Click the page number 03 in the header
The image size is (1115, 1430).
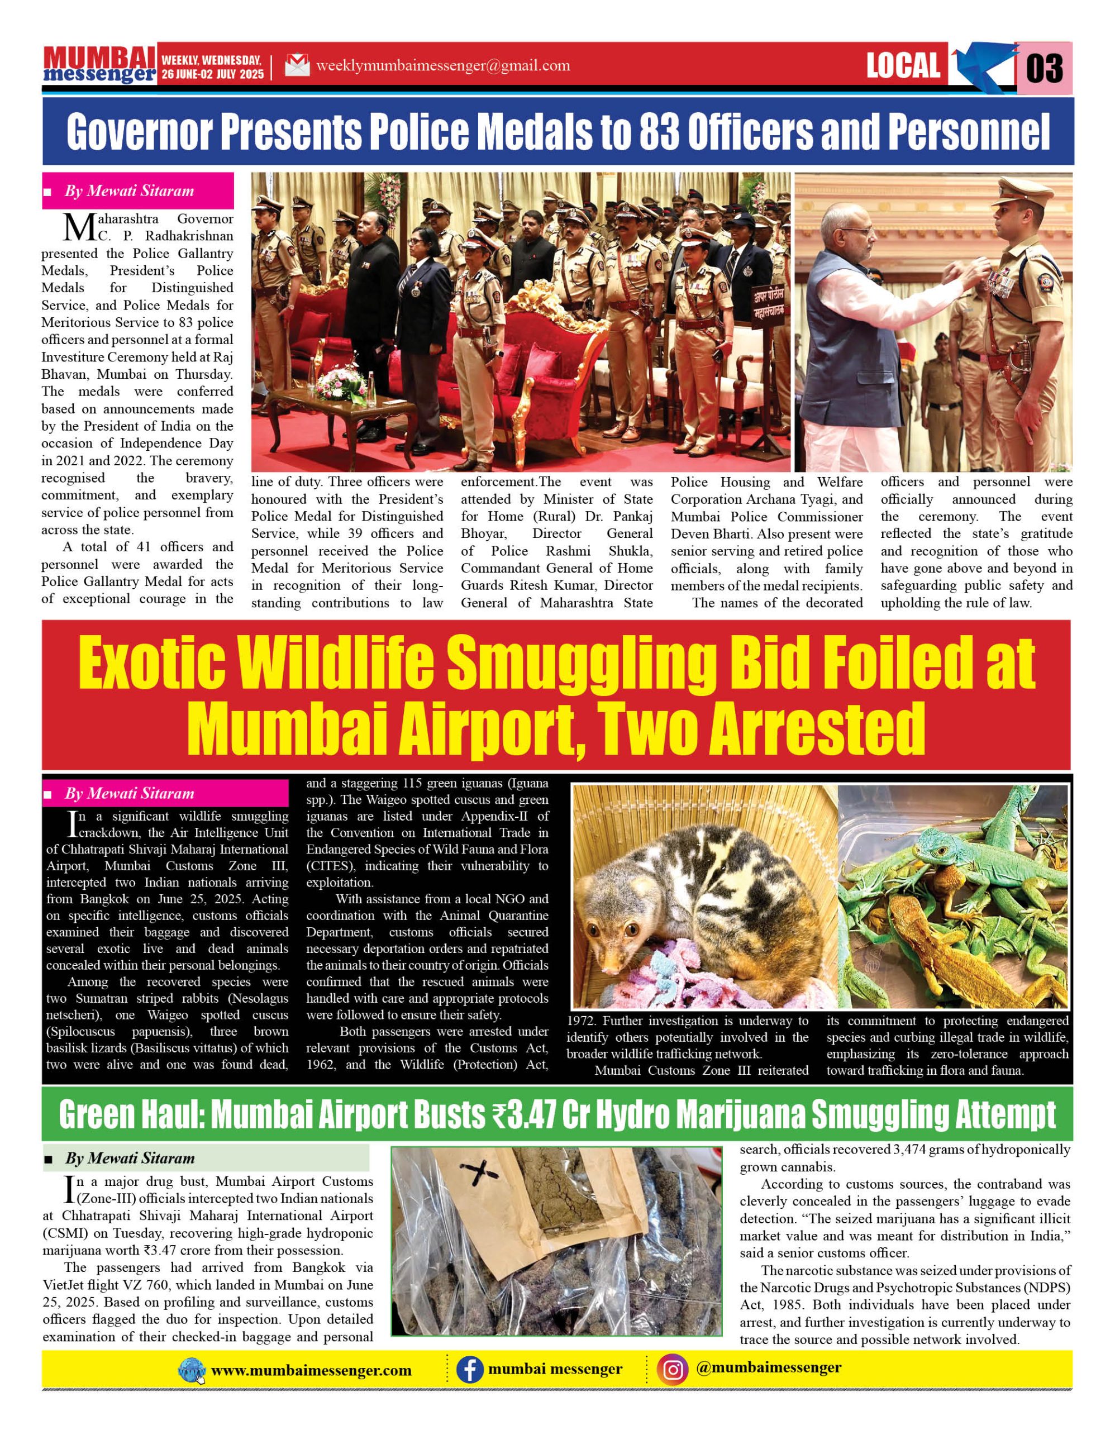(x=1044, y=68)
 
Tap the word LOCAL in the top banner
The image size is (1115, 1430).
(x=903, y=65)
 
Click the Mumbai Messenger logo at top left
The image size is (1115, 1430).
(x=99, y=64)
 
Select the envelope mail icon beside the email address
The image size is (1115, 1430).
(x=297, y=65)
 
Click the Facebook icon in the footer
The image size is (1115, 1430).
(x=469, y=1369)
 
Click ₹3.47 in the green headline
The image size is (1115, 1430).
(x=522, y=1114)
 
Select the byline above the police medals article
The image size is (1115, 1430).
(x=129, y=191)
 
